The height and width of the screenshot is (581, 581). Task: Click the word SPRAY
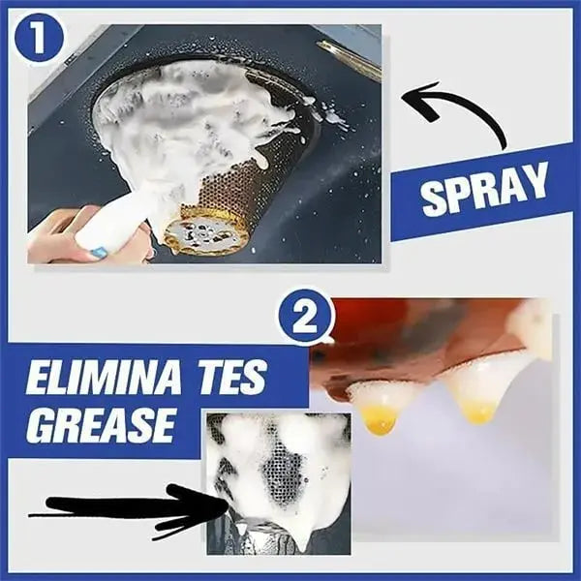(484, 194)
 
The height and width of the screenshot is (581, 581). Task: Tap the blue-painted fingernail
(98, 252)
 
